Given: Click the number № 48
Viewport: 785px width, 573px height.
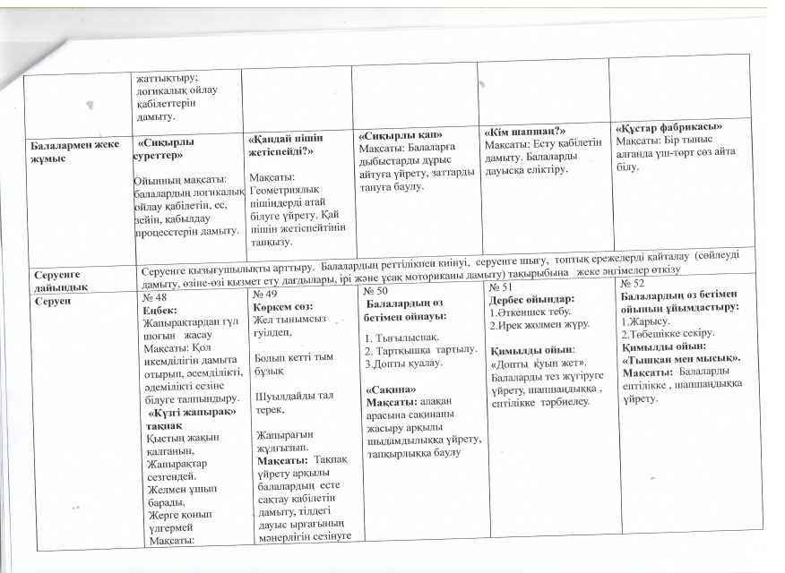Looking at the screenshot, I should (x=154, y=296).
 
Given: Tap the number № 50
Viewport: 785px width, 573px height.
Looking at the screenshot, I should (x=376, y=292).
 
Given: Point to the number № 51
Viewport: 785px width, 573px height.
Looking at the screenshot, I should (x=501, y=287).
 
